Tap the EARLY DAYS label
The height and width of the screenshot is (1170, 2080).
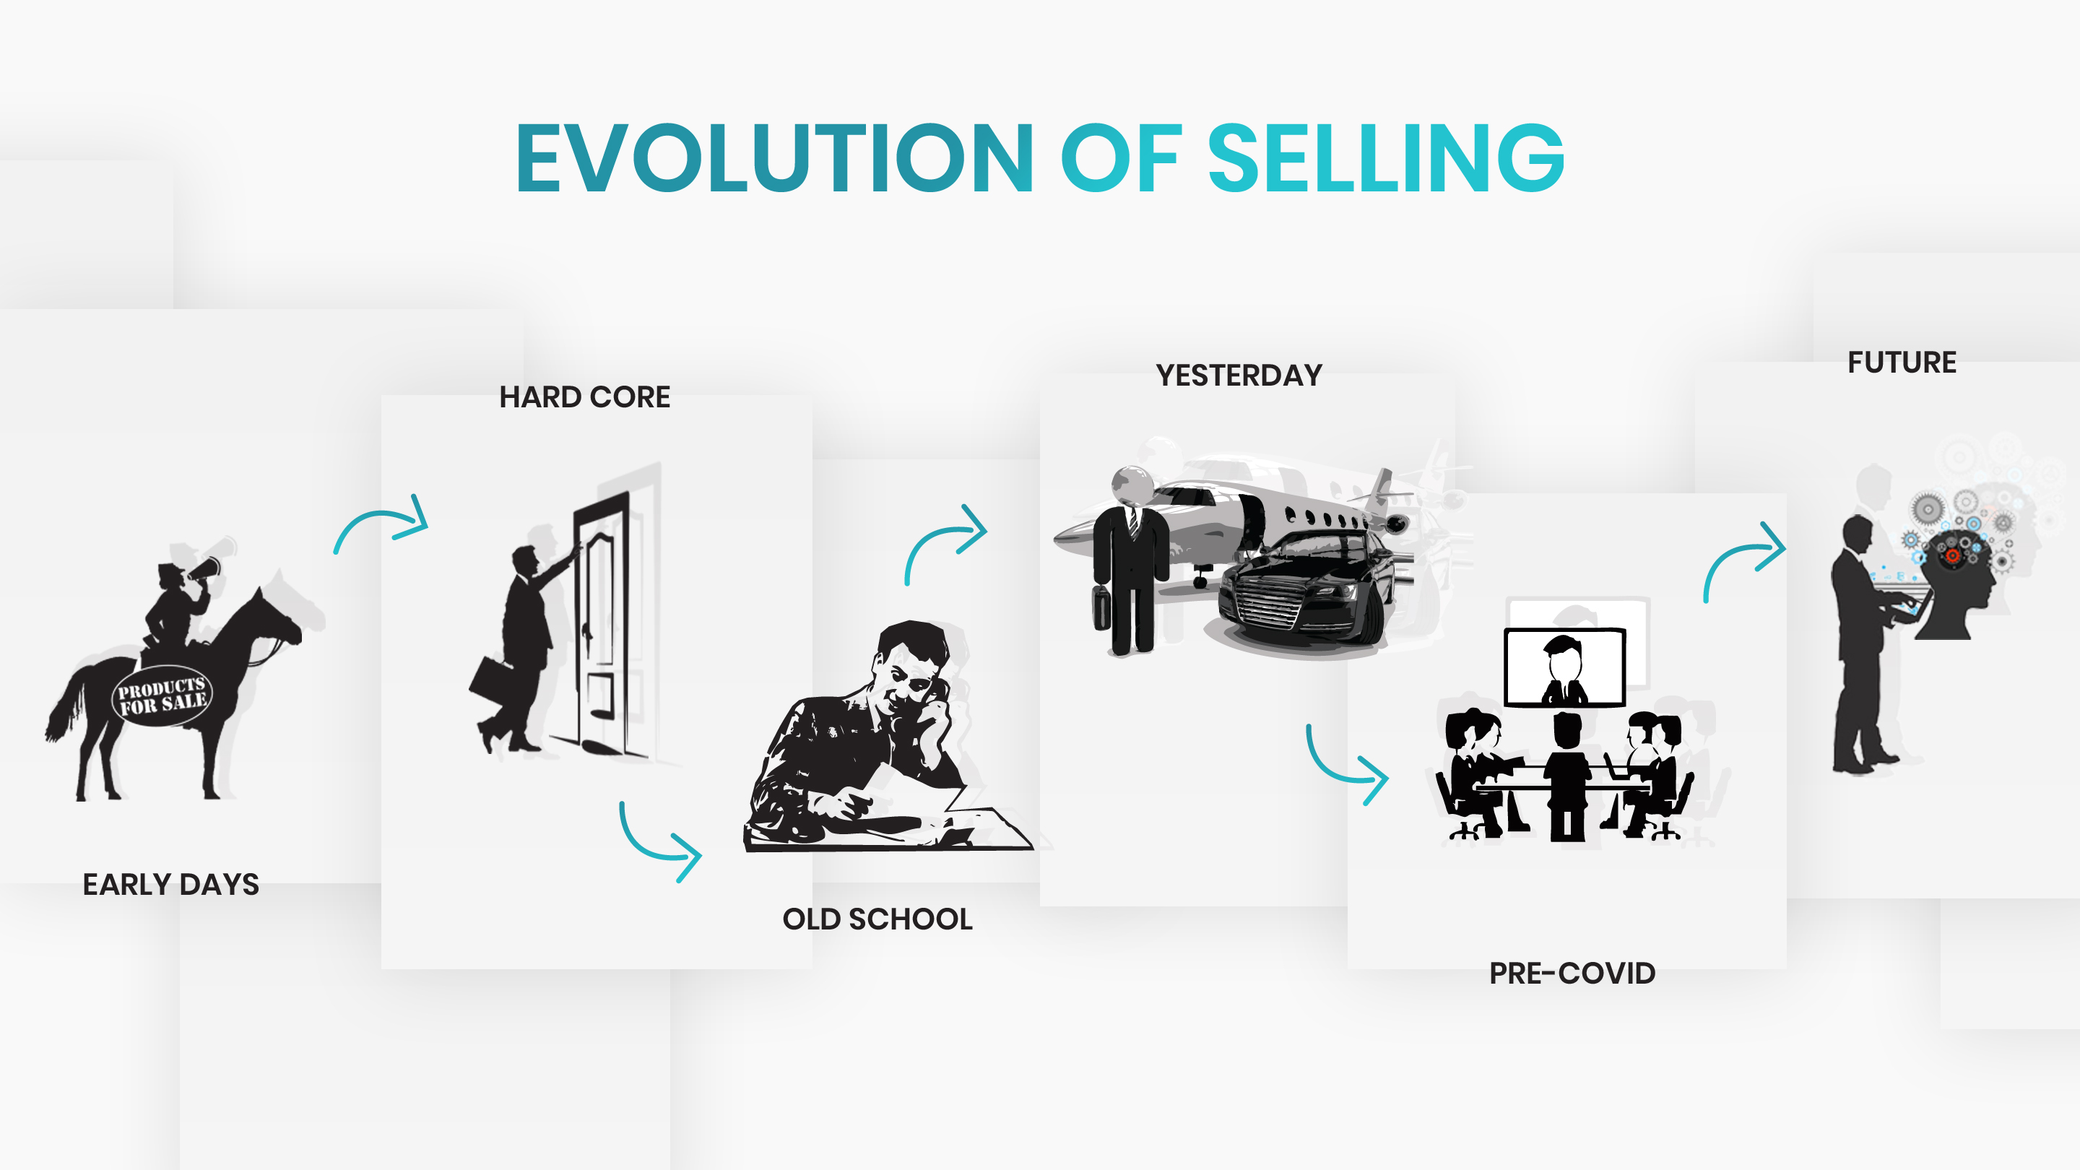pyautogui.click(x=171, y=884)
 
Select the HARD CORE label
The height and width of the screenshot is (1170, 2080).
pyautogui.click(x=584, y=397)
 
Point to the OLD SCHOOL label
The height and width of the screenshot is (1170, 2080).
pyautogui.click(x=877, y=919)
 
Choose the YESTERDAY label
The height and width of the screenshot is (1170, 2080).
pyautogui.click(x=1239, y=376)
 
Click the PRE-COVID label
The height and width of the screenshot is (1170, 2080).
pyautogui.click(x=1572, y=973)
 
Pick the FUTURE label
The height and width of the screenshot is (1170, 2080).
pyautogui.click(x=1902, y=363)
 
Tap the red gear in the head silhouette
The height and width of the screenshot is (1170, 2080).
pyautogui.click(x=1952, y=555)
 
